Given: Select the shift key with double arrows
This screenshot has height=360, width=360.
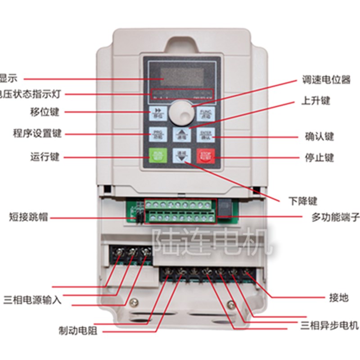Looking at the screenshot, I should click(x=158, y=112).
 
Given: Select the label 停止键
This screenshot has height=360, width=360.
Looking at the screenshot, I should click(x=319, y=158).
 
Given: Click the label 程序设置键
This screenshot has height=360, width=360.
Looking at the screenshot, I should click(x=37, y=134).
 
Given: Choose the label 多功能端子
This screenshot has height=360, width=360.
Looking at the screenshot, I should click(x=336, y=218).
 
